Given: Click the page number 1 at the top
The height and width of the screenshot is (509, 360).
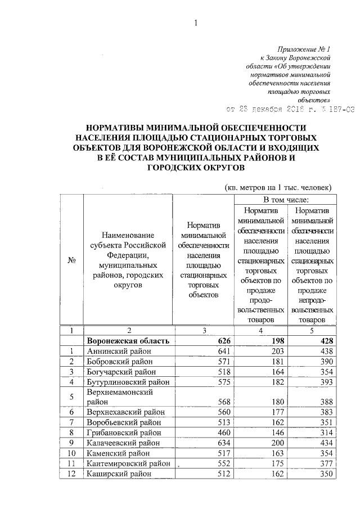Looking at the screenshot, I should (x=195, y=23).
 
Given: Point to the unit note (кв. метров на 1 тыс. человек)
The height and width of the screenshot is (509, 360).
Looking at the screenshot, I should (x=278, y=187).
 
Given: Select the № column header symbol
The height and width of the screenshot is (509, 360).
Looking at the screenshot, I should (x=72, y=261).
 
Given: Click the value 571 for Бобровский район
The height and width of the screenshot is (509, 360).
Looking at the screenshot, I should (x=218, y=361).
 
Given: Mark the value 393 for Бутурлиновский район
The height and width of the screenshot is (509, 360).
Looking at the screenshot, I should (x=326, y=382).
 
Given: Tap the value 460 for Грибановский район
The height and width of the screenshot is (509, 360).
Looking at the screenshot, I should (x=218, y=433).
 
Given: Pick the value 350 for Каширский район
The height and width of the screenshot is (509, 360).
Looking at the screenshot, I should (x=326, y=474).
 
